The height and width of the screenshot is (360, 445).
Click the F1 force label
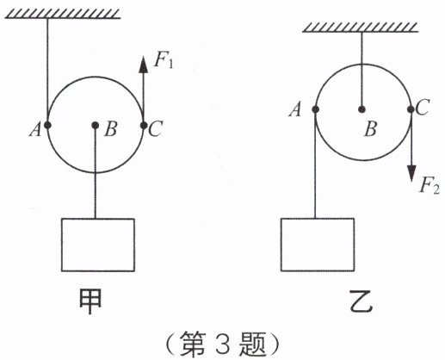[x=164, y=60]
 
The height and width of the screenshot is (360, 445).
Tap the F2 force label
[x=430, y=186]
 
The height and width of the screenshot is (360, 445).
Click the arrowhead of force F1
[x=143, y=65]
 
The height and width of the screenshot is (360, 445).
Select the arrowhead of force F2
[x=411, y=173]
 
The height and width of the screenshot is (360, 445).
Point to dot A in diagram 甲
[x=47, y=125]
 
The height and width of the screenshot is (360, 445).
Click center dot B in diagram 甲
[x=96, y=125]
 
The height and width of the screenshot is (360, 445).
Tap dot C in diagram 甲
[x=144, y=125]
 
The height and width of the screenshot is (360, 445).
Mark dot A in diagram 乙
[x=315, y=109]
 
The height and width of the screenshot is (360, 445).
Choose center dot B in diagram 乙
[x=362, y=109]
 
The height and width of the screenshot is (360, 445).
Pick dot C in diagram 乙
[x=411, y=109]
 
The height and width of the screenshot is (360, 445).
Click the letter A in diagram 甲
[x=35, y=129]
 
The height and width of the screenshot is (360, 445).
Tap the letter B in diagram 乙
[x=370, y=128]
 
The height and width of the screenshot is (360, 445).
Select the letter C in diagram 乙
[x=423, y=108]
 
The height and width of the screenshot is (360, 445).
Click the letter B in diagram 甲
[x=111, y=128]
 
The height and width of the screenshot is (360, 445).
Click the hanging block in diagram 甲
[x=98, y=245]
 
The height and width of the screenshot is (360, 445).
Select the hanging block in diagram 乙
[x=318, y=245]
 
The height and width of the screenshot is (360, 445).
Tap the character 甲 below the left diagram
[x=90, y=301]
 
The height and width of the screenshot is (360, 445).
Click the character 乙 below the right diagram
[x=362, y=301]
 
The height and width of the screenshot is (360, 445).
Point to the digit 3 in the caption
[x=222, y=344]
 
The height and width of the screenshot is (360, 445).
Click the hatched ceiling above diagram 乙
[x=361, y=28]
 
